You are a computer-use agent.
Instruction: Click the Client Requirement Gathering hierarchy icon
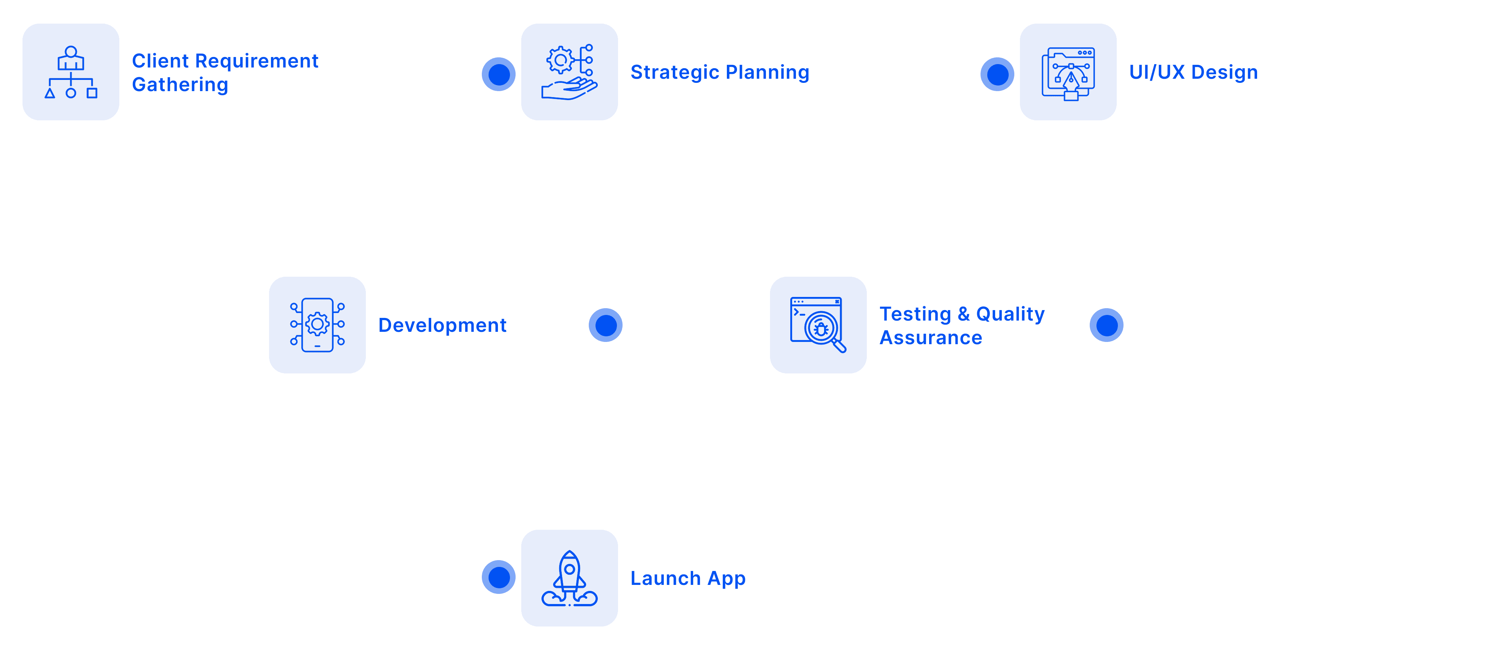click(71, 72)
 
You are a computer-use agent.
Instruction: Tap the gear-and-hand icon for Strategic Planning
click(569, 72)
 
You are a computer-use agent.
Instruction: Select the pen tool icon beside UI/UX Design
click(1068, 73)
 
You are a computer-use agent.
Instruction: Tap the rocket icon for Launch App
click(569, 578)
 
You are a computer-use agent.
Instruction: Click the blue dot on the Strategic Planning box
click(498, 74)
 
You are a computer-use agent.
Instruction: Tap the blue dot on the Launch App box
click(498, 577)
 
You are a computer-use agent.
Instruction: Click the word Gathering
click(180, 85)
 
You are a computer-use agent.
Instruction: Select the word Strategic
click(674, 72)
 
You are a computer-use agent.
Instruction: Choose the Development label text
click(442, 325)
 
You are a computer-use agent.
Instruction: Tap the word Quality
click(1010, 314)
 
